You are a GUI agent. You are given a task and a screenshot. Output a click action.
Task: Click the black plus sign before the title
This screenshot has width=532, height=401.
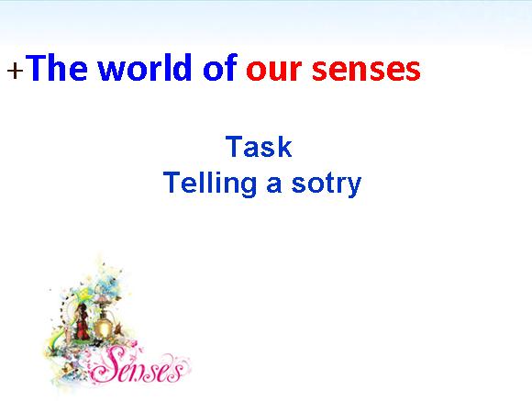pos(16,71)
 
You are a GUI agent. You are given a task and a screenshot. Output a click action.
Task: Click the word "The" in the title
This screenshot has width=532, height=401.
pos(56,67)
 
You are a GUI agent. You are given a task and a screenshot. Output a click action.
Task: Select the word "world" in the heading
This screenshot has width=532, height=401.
pos(145,67)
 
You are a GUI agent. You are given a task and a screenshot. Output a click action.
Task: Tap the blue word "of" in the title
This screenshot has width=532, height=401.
pos(219,67)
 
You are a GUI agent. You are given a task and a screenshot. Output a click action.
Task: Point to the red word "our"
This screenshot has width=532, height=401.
pos(274,71)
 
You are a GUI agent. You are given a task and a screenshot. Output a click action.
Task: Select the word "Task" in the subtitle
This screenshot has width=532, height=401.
pos(259,146)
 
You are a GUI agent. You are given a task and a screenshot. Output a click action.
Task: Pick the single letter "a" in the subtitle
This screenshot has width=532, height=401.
pos(274,185)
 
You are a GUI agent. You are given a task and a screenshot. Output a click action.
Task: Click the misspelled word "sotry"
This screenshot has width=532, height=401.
pos(327,184)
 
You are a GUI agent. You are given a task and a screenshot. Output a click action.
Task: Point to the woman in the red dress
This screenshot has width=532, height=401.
pos(82,321)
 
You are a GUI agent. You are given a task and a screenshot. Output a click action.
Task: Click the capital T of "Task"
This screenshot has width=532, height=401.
pos(234,146)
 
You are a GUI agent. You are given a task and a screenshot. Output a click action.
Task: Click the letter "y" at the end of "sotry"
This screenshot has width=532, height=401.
pos(354,187)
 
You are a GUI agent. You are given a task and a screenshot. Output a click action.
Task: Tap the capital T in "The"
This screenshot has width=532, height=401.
pos(36,68)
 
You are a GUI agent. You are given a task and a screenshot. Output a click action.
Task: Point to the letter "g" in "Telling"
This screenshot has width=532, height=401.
pos(249,187)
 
